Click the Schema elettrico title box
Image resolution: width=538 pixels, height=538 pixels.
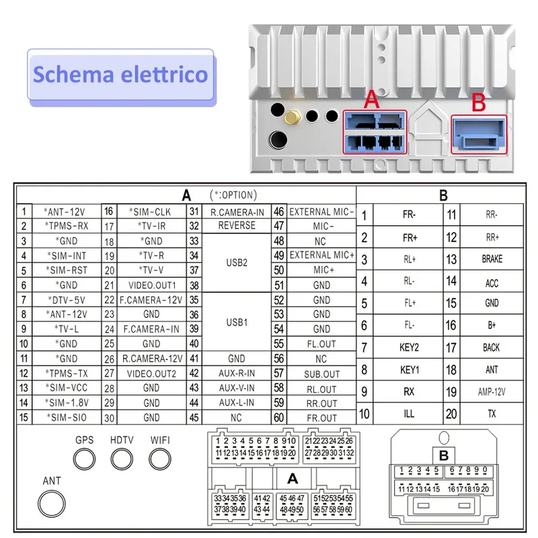121,76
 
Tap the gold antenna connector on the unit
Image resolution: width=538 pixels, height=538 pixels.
293,118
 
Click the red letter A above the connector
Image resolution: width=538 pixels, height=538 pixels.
371,99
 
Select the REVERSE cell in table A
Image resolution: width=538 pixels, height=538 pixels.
237,226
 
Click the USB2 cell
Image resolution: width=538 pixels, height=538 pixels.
237,263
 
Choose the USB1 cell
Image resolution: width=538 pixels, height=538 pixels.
237,322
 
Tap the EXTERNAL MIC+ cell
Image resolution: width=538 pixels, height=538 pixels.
321,256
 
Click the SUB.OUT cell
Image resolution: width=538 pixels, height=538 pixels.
321,374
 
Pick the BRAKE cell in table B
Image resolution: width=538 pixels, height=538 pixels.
492,259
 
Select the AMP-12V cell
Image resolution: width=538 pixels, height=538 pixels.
492,392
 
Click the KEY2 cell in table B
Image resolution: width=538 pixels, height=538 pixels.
409,348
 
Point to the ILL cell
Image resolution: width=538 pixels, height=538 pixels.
409,414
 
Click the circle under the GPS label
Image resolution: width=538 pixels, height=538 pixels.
85,459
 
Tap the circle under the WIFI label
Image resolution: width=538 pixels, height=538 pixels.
160,459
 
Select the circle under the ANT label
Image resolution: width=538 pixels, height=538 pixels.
52,504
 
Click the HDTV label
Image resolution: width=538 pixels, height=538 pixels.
122,440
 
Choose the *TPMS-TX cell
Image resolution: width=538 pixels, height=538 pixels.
67,373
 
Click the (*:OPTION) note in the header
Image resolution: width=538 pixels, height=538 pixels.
233,195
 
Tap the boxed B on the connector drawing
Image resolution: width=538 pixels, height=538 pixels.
444,456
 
